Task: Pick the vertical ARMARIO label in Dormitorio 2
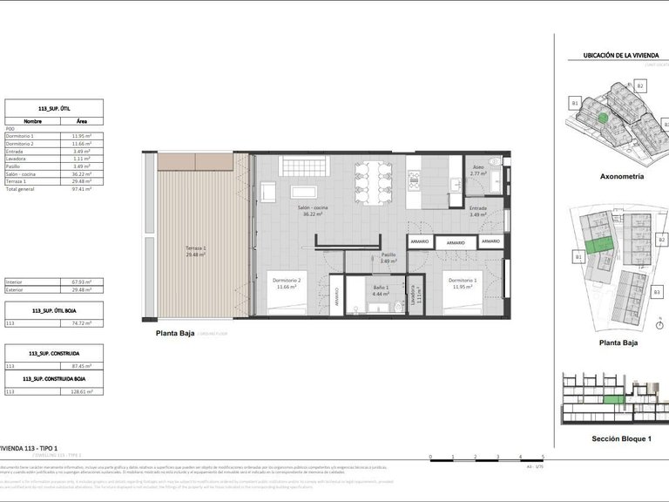tap(336, 296)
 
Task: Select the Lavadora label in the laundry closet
tap(414, 296)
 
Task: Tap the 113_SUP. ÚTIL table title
tap(53, 105)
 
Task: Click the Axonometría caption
tap(622, 175)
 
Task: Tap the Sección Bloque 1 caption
tap(622, 438)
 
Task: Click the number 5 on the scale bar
tap(543, 457)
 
